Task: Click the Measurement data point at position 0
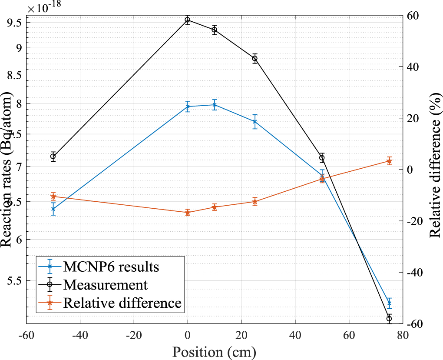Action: click(188, 20)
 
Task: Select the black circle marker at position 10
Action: click(214, 30)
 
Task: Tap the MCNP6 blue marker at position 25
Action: click(255, 122)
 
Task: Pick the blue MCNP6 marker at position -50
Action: click(53, 209)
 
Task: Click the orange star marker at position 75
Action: click(389, 161)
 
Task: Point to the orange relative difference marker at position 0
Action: click(188, 212)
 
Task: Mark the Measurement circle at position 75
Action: click(389, 318)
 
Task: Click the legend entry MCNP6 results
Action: click(111, 266)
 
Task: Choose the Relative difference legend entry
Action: click(122, 303)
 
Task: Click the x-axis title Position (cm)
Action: click(214, 351)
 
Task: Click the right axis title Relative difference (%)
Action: click(434, 170)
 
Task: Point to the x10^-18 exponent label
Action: click(44, 6)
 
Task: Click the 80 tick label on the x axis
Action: click(402, 335)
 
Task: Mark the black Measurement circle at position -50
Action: click(53, 157)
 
